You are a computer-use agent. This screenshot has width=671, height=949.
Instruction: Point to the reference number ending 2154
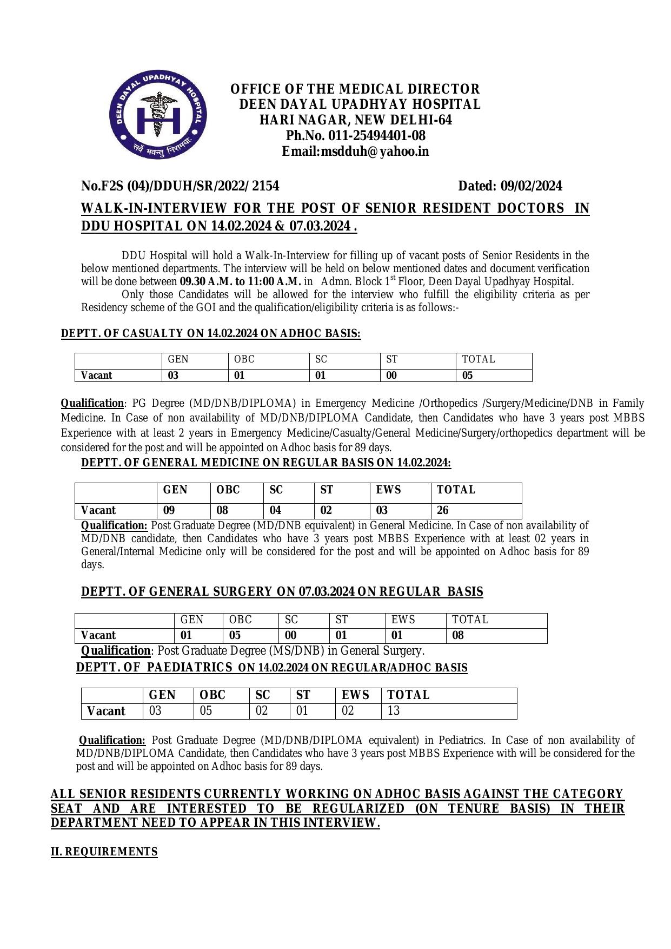coord(180,186)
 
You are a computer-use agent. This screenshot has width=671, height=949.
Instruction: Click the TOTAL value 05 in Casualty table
coord(468,375)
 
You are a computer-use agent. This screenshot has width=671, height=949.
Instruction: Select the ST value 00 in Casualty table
coord(391,375)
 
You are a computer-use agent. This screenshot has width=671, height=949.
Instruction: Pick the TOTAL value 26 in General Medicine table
coord(443,510)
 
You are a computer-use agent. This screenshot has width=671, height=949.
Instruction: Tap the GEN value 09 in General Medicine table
coord(169,510)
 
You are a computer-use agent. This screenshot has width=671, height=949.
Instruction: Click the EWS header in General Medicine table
coord(389,490)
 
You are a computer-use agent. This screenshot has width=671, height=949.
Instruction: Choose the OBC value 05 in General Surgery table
coord(235,635)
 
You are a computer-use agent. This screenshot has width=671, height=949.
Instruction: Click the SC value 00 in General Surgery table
coord(291,635)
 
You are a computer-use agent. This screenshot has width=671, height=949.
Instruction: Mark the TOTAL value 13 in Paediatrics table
coord(394,711)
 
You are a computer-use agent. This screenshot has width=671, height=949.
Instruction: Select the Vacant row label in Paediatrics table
coord(107,711)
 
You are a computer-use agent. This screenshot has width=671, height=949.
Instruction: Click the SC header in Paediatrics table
coord(263,695)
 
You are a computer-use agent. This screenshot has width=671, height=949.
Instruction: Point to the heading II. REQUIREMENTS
coord(104,852)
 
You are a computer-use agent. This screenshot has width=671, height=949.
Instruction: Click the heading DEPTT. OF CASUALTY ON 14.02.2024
coord(210,334)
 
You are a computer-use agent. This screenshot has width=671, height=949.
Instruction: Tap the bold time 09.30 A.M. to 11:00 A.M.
coord(240,281)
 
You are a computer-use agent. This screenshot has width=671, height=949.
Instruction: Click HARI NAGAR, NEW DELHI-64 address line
coord(356,120)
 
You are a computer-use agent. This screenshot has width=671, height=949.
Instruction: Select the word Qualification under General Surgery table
coord(115,651)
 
